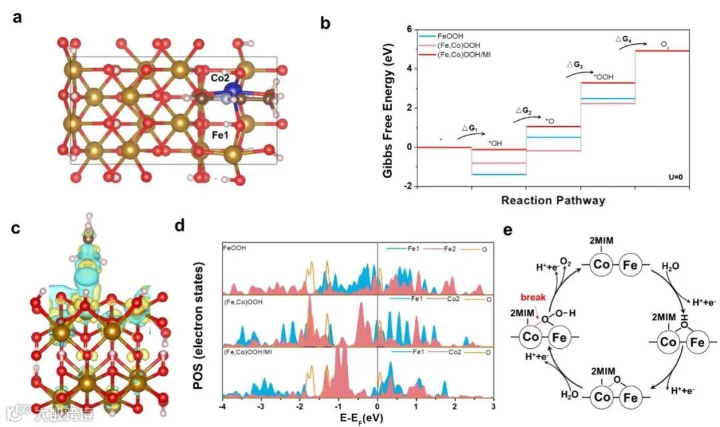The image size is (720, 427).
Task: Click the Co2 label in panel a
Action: tap(220, 78)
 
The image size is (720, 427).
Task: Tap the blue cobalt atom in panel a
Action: tap(233, 90)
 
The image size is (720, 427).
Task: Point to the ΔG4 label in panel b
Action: tap(623, 40)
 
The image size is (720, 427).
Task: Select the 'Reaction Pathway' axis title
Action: tap(553, 200)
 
